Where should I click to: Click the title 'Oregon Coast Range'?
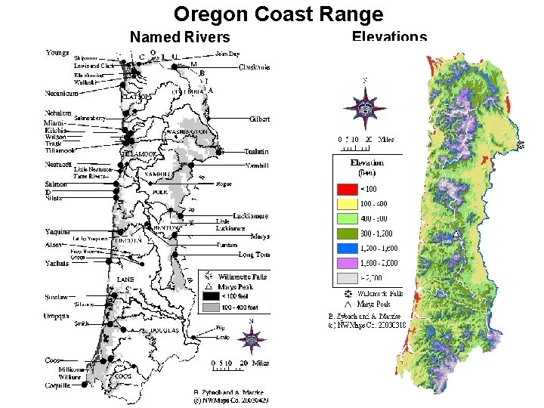(278, 14)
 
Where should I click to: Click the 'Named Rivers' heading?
(180, 36)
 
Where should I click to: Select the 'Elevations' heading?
(389, 37)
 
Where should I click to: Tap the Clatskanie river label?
(255, 67)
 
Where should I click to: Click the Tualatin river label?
(257, 152)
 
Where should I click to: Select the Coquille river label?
(58, 385)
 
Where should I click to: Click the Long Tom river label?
(254, 255)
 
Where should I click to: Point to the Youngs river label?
(59, 53)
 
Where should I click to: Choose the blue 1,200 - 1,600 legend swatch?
(347, 249)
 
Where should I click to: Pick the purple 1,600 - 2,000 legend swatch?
(347, 264)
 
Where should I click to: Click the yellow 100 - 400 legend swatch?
(347, 203)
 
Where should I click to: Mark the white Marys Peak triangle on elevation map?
(457, 235)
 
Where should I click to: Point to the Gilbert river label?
(259, 119)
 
